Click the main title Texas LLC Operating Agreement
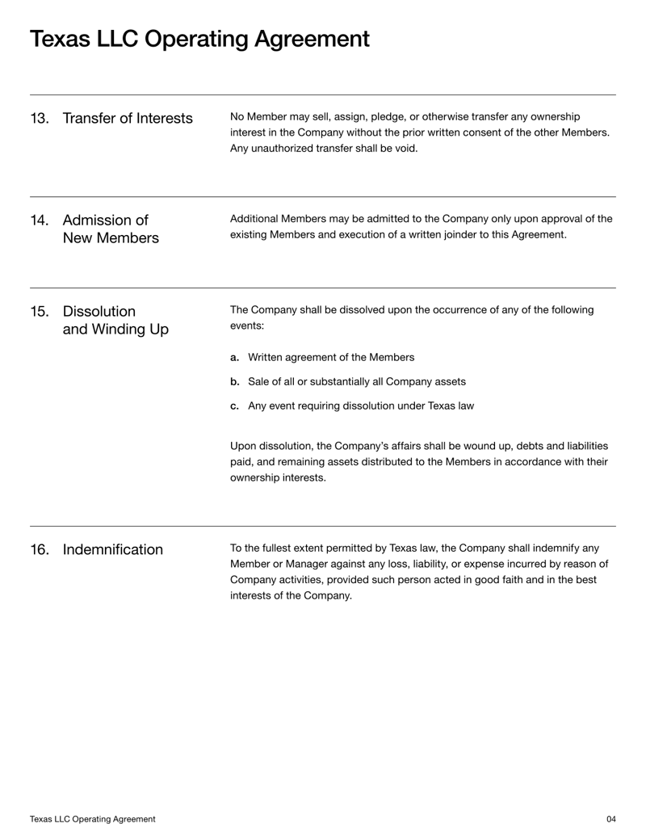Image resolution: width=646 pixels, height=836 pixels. [x=199, y=39]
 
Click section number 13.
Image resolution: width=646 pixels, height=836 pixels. [x=39, y=119]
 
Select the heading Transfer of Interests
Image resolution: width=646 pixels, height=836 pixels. [x=128, y=119]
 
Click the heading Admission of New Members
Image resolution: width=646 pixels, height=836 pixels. [x=110, y=229]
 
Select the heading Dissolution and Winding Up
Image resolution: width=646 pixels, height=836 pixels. [x=115, y=321]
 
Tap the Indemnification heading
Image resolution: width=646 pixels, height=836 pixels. [x=112, y=550]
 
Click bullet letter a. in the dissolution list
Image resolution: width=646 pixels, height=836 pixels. [x=235, y=357]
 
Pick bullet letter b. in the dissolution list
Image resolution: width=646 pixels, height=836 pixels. [x=235, y=381]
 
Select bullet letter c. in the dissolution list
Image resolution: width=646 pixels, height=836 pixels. [x=235, y=405]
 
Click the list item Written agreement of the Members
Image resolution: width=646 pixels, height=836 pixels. [x=331, y=357]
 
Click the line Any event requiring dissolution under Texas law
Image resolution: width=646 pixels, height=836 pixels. [x=360, y=405]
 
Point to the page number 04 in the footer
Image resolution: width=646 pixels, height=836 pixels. [x=610, y=819]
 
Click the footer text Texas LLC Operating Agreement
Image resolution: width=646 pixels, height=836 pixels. [x=93, y=819]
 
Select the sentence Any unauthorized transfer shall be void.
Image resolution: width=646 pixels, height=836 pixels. [x=324, y=148]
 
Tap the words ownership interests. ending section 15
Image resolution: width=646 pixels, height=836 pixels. [x=279, y=477]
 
